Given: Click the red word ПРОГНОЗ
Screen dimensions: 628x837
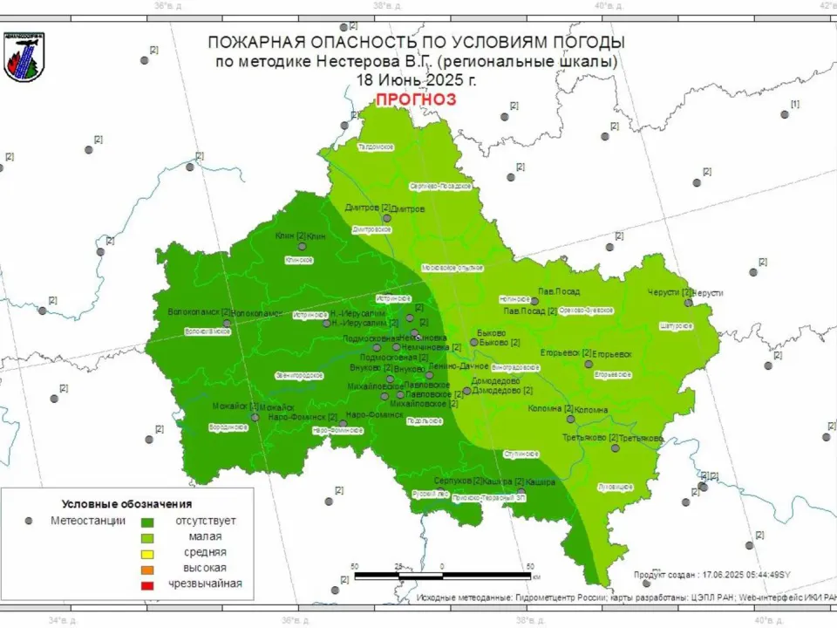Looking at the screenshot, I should point(416,99).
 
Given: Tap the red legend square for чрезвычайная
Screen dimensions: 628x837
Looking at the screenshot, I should point(147,584).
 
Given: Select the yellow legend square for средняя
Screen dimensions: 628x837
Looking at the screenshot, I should point(147,552).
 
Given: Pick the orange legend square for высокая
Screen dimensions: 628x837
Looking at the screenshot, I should point(147,568).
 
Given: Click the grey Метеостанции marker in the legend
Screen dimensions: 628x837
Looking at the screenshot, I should point(29,521).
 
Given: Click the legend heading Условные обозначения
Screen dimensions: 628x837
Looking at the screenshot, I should point(126,504).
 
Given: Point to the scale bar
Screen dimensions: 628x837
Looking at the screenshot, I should point(443,576).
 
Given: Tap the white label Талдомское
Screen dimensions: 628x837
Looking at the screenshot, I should point(377,147).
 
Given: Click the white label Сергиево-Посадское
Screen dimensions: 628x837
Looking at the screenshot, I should point(441,187).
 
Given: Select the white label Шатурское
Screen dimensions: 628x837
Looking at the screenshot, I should point(677,325).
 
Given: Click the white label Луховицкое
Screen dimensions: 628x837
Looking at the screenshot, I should point(616,486).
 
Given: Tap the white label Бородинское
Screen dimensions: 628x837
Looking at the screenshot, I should point(228,427).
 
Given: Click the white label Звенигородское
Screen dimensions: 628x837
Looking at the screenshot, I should point(299,375).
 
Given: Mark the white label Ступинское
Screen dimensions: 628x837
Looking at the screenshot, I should point(521,454).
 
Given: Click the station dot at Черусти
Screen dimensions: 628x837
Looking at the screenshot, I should point(688,302).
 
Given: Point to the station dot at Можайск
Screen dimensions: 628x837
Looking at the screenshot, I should point(255,417).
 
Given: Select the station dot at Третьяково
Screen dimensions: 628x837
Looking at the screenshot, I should point(616,447).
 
